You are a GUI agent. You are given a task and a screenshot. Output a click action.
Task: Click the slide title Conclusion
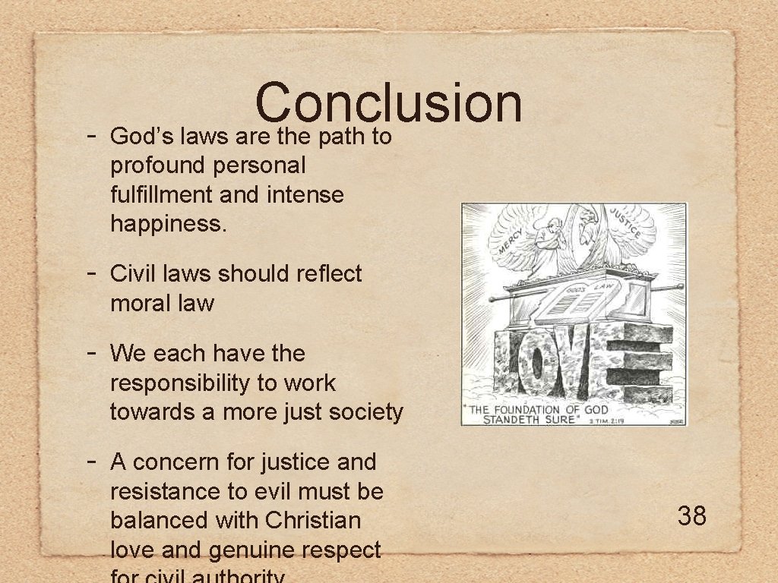tap(388, 103)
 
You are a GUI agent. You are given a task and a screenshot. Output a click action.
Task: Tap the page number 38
tap(691, 516)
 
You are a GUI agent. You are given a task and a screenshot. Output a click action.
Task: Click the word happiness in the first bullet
tap(168, 224)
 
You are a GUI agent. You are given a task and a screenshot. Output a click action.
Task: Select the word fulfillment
tap(162, 195)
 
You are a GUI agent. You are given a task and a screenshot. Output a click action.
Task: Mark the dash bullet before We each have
tap(91, 353)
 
